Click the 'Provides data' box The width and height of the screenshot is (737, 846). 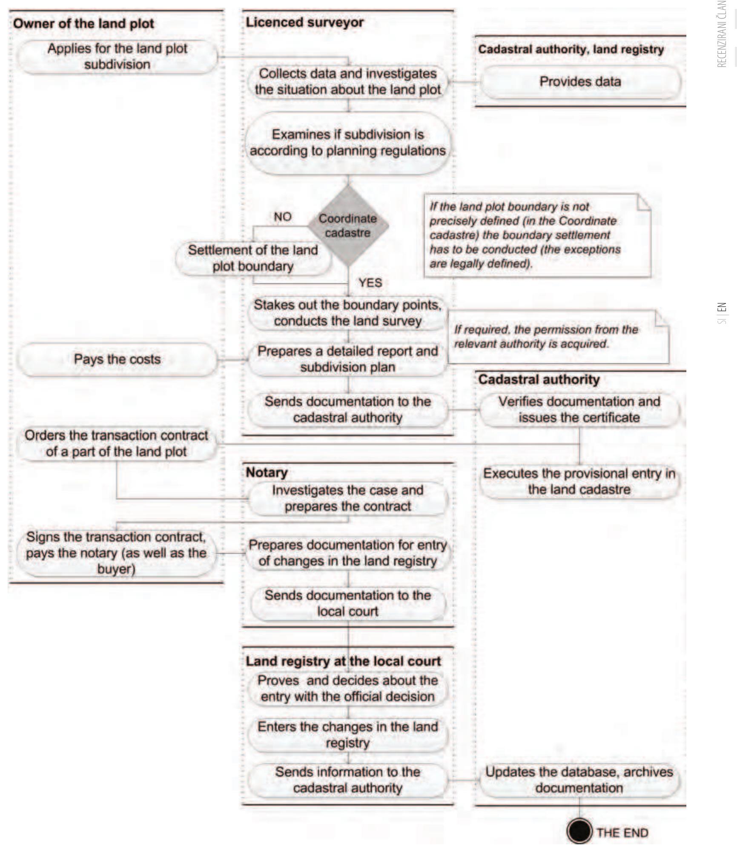(580, 82)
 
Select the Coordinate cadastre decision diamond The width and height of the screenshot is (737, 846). (348, 226)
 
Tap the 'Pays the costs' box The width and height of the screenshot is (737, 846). (117, 359)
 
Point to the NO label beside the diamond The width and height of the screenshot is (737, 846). (282, 217)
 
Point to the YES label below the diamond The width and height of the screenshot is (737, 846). (370, 283)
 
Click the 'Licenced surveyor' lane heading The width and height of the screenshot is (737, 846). (304, 22)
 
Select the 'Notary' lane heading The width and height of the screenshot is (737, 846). (267, 472)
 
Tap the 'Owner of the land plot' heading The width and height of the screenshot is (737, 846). (83, 23)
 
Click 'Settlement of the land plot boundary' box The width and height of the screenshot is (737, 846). (253, 258)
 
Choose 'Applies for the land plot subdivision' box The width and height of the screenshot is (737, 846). (117, 57)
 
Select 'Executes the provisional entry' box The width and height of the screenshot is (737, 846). (579, 481)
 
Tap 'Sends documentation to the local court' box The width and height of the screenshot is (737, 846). (348, 603)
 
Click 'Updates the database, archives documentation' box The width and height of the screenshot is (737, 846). (579, 780)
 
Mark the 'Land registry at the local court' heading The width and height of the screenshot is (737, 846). (343, 661)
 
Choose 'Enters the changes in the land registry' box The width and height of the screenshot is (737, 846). (348, 735)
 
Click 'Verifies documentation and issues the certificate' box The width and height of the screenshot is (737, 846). (579, 409)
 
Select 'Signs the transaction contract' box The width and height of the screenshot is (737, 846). (116, 553)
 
